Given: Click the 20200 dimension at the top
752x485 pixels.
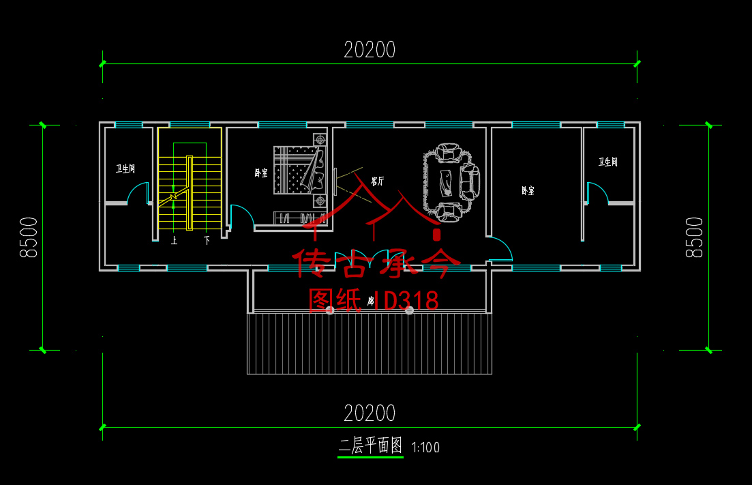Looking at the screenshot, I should click(370, 50).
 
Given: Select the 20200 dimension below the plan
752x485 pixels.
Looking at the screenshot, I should click(370, 413).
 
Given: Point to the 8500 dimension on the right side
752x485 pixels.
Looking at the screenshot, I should click(694, 237).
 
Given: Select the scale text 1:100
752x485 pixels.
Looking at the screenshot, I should click(426, 448).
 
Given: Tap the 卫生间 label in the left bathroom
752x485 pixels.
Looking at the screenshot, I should click(125, 168).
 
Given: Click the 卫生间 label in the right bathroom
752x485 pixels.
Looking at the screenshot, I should click(608, 162).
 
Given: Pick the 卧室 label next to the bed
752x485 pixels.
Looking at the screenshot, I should click(260, 174).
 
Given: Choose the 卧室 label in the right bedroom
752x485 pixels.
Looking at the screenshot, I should click(527, 191).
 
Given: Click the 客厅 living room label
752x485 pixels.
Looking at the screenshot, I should click(377, 181).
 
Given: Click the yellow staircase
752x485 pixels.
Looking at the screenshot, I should click(190, 194).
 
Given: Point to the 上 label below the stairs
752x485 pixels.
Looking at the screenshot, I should click(174, 241).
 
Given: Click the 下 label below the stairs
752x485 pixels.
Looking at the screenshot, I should click(207, 241).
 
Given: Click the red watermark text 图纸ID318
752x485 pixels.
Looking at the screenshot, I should click(373, 300).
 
